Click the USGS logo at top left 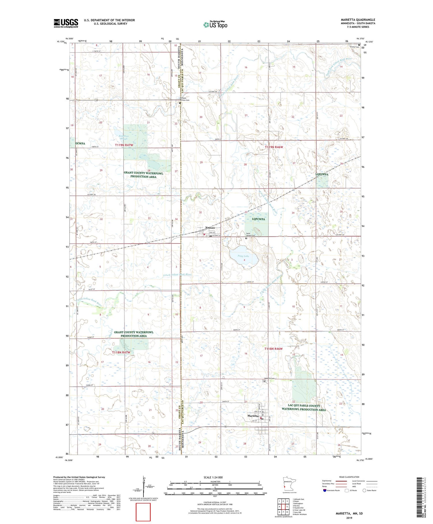(x=66, y=23)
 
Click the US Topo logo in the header (x=215, y=25)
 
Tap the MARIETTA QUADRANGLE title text (x=358, y=20)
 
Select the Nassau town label (x=210, y=227)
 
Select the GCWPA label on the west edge (x=80, y=143)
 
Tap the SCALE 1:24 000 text (x=214, y=477)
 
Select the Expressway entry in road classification (x=326, y=481)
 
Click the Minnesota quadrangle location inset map (x=288, y=484)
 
